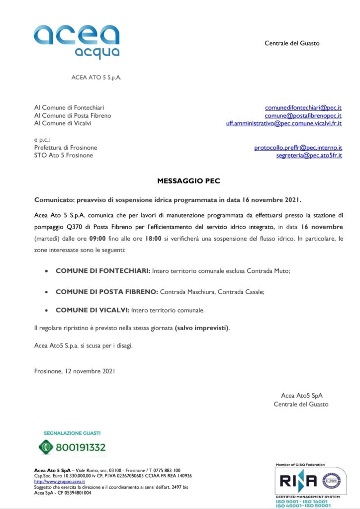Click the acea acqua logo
point(77,42)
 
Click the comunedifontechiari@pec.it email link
point(303,107)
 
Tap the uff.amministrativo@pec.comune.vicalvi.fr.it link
point(283,123)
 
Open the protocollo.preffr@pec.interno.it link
point(298,148)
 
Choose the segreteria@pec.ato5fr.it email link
point(309,156)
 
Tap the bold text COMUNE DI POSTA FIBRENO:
point(107,292)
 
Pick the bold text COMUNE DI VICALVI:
point(92,310)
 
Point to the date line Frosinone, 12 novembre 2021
point(75,371)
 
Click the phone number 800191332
point(81,447)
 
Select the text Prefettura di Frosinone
point(66,148)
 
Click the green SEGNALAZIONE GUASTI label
point(72,433)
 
